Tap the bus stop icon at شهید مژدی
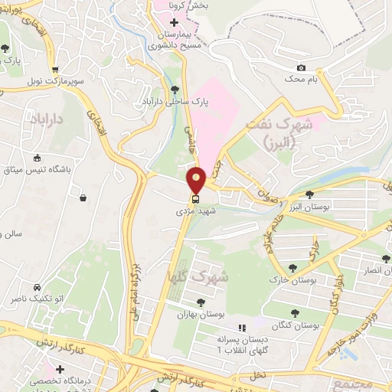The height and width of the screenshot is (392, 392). tap(197, 199)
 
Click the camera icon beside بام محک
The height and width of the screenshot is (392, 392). tap(300, 68)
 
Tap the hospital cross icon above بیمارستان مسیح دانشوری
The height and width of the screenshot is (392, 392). tap(175, 22)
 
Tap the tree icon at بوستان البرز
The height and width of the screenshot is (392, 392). tap(309, 194)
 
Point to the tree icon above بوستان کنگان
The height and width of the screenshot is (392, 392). tap(295, 312)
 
